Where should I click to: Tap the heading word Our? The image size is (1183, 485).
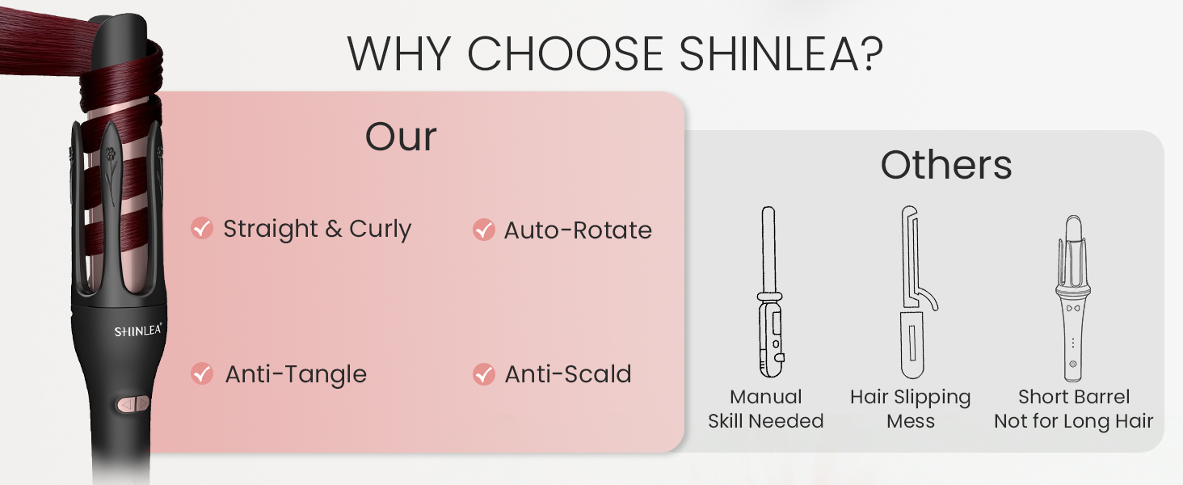[401, 137]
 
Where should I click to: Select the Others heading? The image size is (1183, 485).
[945, 166]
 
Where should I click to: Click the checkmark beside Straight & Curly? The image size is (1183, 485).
[202, 229]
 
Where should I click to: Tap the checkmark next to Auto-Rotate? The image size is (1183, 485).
[483, 230]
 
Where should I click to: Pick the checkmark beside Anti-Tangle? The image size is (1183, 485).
[202, 373]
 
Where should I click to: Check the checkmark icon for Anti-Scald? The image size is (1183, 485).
[483, 373]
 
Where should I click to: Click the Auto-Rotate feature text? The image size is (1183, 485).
[578, 230]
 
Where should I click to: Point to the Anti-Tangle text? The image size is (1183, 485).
[296, 374]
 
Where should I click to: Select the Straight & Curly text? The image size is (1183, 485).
[317, 230]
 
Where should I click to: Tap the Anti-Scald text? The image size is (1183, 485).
[568, 374]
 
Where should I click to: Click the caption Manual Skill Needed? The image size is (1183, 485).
[765, 409]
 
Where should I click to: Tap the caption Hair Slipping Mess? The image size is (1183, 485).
[910, 409]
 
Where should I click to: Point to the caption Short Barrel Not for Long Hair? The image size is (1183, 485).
[1073, 409]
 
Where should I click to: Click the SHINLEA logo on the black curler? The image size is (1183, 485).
[137, 331]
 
